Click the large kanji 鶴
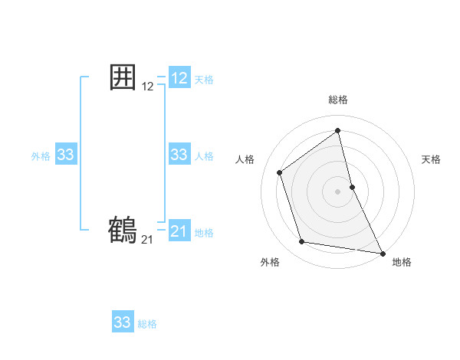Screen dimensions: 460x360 (123, 230)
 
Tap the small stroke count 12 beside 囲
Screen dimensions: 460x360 (148, 87)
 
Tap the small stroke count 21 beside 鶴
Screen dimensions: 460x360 (147, 240)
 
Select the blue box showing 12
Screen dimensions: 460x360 (179, 78)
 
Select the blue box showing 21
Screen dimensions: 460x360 (179, 231)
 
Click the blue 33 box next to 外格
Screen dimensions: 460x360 (66, 155)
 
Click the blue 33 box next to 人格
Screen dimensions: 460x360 (179, 155)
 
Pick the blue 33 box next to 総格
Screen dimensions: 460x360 (123, 322)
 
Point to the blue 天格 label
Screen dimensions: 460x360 (204, 80)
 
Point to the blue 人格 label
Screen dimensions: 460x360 (204, 156)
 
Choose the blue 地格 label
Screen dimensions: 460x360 (204, 233)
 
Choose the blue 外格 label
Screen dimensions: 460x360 (41, 156)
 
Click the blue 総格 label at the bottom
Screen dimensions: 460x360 (147, 324)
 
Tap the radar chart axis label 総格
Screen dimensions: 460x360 (338, 100)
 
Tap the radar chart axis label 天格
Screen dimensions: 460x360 (431, 159)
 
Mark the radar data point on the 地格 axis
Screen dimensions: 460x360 (383, 252)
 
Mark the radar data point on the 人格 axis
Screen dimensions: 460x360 (280, 172)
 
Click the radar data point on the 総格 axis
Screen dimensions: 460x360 (338, 130)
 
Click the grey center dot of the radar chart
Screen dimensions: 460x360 (338, 191)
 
